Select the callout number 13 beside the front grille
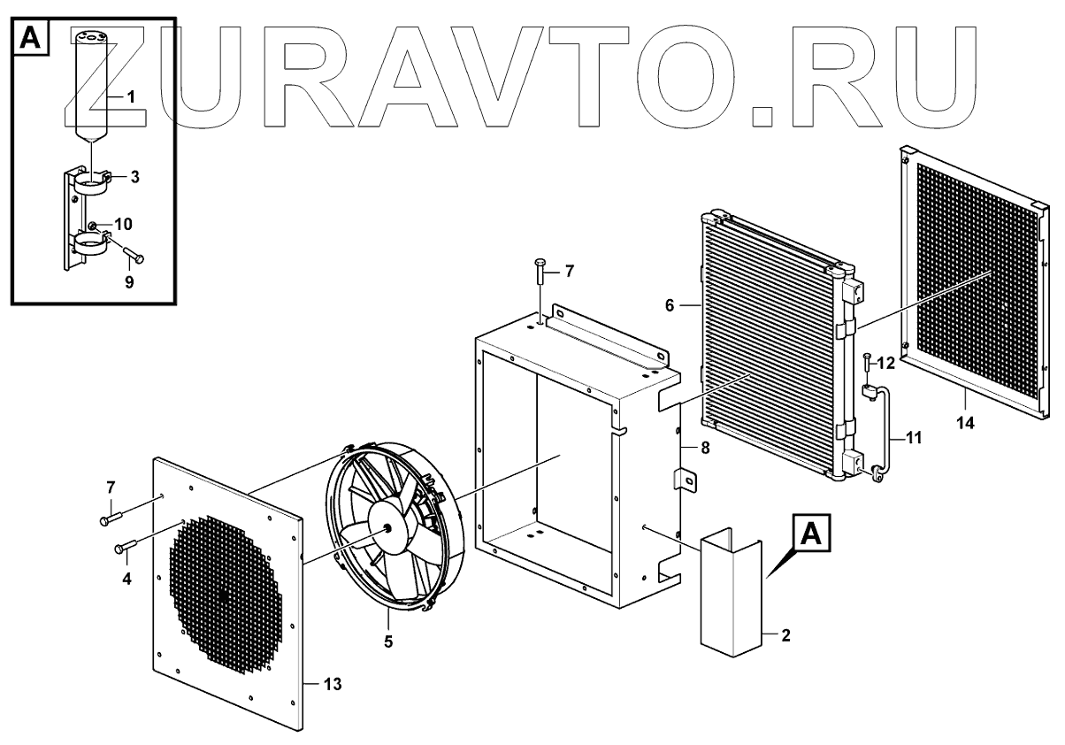(332, 685)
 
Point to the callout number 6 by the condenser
(670, 305)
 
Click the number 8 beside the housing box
(705, 449)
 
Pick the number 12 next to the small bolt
(886, 362)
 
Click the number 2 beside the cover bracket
(785, 634)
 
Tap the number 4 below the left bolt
(126, 579)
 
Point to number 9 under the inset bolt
(129, 283)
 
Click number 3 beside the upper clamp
(134, 177)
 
